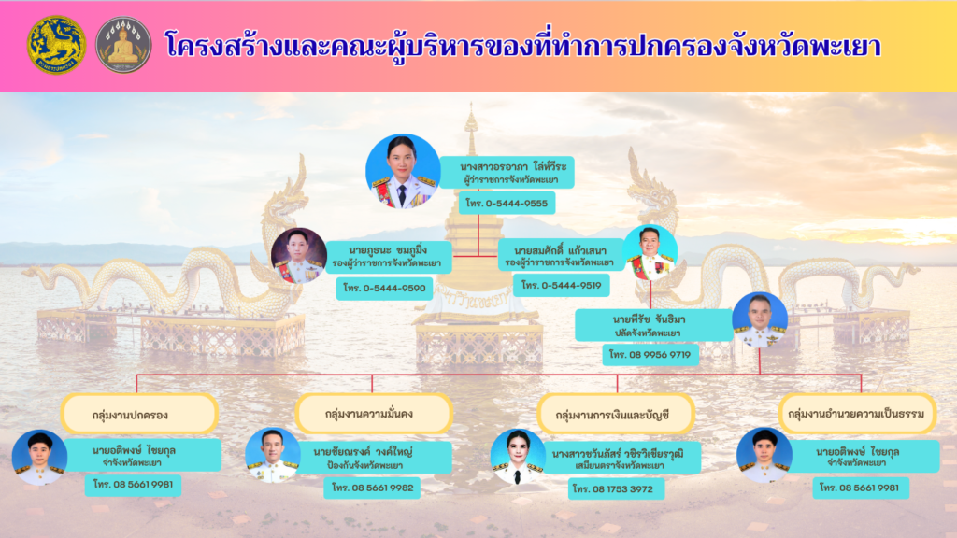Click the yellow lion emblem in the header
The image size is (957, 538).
57,45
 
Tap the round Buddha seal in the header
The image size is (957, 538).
123,45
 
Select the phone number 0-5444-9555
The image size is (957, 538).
507,203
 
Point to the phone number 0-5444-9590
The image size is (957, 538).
384,288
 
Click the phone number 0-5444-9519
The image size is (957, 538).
562,285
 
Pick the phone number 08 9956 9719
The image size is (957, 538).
650,354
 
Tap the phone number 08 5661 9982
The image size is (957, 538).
372,488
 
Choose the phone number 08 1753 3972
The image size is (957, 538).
617,488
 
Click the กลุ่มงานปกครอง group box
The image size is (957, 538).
140,414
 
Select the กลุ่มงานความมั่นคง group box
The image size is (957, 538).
374,414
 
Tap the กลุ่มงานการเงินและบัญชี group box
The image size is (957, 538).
616,415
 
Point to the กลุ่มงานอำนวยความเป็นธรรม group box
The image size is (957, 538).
858,414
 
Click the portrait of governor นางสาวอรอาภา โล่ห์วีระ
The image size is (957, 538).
403,172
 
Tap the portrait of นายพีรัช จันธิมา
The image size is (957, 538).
760,320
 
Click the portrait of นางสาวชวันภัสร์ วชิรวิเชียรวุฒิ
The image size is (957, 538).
518,457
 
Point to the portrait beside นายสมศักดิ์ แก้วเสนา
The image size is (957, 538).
650,253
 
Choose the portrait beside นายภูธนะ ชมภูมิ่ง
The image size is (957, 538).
298,256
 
